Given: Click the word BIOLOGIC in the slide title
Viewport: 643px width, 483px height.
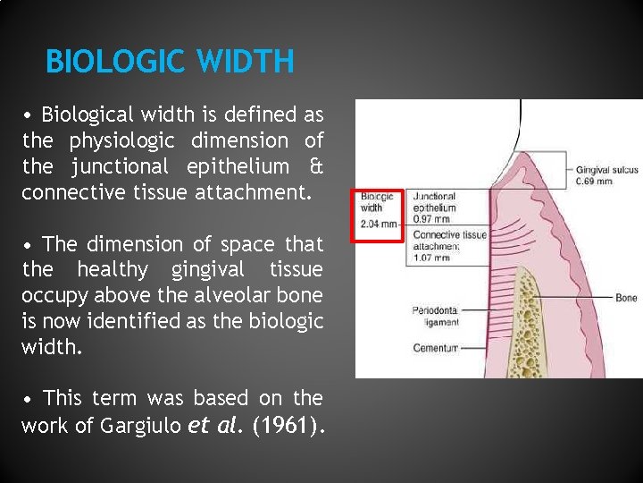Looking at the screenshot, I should (105, 62).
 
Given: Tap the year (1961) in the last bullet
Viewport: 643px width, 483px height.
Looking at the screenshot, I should (288, 426).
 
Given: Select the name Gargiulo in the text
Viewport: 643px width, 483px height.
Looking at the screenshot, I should (145, 426).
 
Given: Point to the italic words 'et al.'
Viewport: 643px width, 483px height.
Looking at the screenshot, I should (217, 426).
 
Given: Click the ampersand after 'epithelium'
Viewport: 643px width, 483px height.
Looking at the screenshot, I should (314, 166).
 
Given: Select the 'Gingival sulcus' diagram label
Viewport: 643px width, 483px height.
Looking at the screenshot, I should (607, 170).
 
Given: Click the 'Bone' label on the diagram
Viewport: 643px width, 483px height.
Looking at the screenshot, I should (626, 297).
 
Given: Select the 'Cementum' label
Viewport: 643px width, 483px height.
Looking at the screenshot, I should (435, 348).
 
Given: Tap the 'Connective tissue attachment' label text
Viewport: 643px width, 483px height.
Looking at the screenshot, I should (449, 241).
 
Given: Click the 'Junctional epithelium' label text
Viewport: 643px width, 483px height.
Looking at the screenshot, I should (434, 202).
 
